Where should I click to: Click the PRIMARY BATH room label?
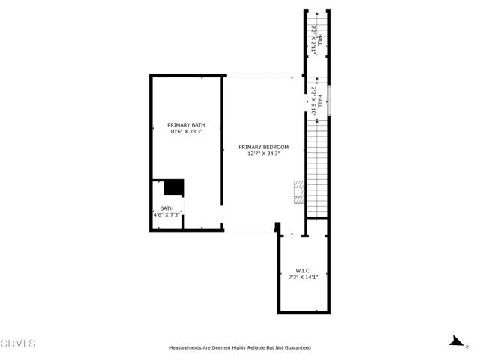186,125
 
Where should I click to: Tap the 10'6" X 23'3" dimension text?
186,132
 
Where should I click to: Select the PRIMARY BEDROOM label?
264,147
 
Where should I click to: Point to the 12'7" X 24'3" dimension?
264,154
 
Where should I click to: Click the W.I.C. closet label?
304,271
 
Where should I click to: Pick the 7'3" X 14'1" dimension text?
304,277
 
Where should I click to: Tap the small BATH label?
166,208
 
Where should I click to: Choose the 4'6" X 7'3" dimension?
166,215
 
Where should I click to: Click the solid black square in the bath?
174,187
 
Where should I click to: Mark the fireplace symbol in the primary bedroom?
299,190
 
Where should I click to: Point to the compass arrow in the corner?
454,341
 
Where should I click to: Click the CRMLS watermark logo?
18,343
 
